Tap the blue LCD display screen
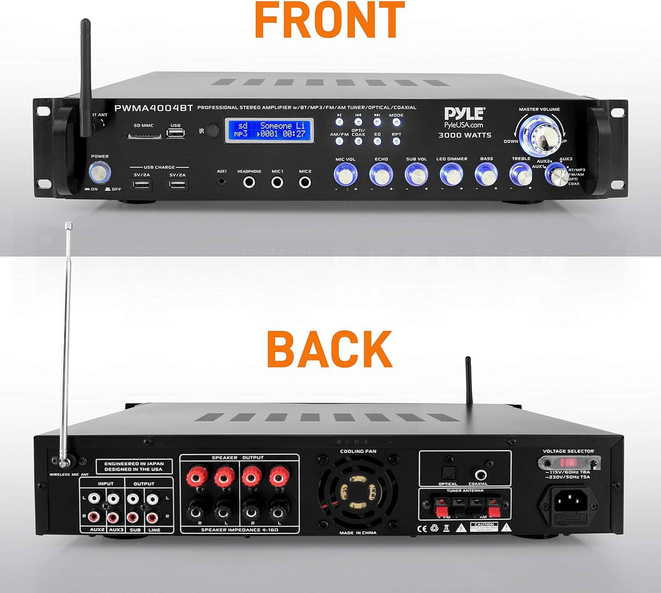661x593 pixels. click(x=269, y=130)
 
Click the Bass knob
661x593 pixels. click(x=486, y=174)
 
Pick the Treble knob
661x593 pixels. click(x=521, y=174)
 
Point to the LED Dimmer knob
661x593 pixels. click(x=451, y=174)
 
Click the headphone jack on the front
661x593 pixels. click(x=250, y=182)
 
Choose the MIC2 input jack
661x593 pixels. click(x=305, y=182)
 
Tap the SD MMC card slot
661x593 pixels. click(x=144, y=136)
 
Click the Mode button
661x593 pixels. click(x=396, y=122)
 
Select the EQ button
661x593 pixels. click(x=377, y=141)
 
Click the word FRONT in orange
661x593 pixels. click(x=330, y=20)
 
